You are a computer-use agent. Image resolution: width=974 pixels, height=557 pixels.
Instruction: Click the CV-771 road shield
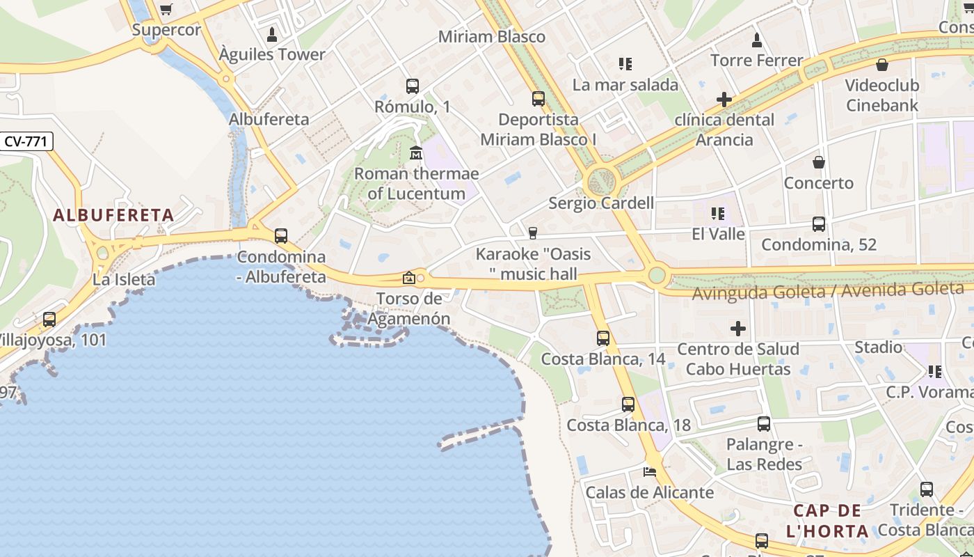(x=26, y=141)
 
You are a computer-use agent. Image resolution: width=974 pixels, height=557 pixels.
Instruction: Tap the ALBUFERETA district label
(x=113, y=215)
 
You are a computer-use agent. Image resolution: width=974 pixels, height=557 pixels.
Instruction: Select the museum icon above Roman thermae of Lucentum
(x=416, y=152)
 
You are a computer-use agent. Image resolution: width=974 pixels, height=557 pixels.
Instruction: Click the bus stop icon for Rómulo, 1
(x=413, y=86)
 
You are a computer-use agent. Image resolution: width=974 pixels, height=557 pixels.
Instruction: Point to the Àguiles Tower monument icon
(x=272, y=35)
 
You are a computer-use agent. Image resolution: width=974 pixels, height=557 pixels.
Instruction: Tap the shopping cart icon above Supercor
(x=166, y=9)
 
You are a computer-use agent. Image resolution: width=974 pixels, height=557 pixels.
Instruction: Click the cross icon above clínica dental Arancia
(x=724, y=100)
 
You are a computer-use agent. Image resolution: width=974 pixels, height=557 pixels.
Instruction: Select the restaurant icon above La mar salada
(x=625, y=65)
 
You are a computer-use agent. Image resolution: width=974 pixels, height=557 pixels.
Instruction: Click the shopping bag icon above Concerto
(x=819, y=162)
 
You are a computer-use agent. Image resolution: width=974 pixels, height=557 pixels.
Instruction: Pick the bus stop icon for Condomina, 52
(x=819, y=224)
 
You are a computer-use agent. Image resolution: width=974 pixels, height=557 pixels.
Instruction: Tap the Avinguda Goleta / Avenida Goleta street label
(x=828, y=290)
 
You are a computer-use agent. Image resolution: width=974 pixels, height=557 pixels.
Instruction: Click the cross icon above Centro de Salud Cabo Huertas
(x=738, y=328)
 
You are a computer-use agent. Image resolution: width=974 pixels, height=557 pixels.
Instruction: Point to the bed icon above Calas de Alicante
(x=650, y=471)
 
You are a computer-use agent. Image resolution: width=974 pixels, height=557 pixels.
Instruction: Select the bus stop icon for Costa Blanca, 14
(x=603, y=338)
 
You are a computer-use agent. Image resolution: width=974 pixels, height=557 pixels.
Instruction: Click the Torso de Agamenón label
(x=409, y=308)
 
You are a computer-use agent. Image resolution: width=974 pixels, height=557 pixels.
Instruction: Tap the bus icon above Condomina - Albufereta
(x=281, y=236)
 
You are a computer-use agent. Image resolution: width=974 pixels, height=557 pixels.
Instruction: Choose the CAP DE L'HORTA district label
(x=827, y=521)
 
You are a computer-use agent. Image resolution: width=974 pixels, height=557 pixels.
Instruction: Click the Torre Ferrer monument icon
(x=757, y=40)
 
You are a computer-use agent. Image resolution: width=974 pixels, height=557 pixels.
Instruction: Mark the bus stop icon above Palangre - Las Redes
(x=764, y=423)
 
